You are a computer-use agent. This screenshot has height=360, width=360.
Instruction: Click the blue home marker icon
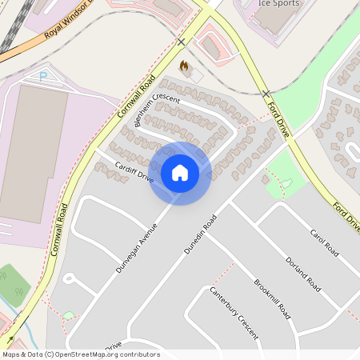point(180,172)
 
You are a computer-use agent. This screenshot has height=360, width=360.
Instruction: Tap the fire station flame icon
point(184,66)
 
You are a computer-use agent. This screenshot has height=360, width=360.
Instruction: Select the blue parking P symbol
point(43,77)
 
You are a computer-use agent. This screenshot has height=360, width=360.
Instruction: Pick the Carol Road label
point(324,242)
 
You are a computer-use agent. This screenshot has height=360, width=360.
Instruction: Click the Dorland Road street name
point(303,274)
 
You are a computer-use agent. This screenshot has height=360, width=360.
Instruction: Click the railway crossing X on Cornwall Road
point(182,42)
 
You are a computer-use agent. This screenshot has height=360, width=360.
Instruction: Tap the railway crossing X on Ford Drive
point(266,94)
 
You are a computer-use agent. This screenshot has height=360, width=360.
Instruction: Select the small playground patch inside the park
point(286,184)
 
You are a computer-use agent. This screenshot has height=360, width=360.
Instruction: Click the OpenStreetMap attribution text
point(81,354)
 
